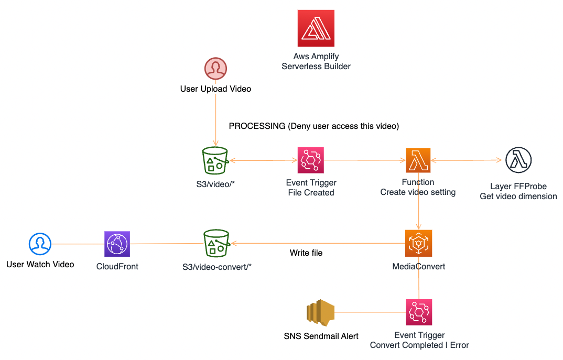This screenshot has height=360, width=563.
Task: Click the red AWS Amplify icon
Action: pos(316,29)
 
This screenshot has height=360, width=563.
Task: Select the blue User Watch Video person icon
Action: pos(40,244)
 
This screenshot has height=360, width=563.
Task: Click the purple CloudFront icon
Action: pos(117,244)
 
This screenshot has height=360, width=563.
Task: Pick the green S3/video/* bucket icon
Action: pos(215,160)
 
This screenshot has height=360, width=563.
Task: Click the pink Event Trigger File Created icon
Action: pos(311,160)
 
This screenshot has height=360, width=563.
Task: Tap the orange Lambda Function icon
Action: pos(418,160)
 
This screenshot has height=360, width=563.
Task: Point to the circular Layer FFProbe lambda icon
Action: pos(518,160)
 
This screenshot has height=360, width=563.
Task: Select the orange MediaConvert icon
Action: pos(418,243)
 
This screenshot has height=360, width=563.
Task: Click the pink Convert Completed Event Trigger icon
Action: pos(419,312)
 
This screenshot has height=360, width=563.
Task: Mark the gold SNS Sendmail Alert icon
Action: pos(320,313)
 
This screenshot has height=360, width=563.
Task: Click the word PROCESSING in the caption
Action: pos(257,126)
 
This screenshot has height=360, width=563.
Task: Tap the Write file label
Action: pos(306,253)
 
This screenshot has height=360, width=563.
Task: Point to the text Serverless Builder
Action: pos(316,67)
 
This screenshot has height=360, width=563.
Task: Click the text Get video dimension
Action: pos(518,197)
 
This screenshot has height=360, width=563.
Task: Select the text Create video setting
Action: pos(418,192)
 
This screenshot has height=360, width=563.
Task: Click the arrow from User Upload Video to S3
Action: pos(215,121)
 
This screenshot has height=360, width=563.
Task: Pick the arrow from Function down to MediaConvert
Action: pos(418,212)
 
